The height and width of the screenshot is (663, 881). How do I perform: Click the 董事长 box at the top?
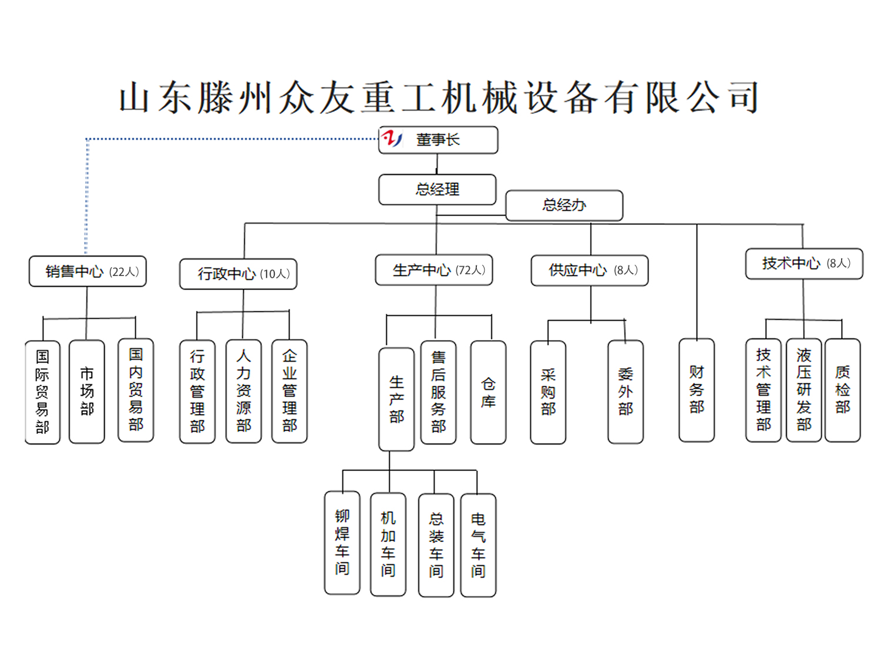[438, 140]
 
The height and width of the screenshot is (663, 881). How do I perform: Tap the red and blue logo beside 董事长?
[392, 139]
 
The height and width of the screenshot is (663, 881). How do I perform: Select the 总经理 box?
[438, 190]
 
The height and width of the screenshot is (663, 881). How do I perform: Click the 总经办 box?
[564, 206]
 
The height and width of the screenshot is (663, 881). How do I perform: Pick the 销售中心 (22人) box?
[88, 271]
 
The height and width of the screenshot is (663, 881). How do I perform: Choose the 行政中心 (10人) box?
[238, 274]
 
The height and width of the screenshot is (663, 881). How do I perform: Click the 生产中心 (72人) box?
[434, 270]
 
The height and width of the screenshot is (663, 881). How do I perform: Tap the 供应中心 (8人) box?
[590, 270]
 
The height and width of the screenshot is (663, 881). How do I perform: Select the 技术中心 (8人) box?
[804, 264]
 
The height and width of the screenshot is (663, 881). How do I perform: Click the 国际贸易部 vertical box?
[42, 392]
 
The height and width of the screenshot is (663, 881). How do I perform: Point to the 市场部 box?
[87, 391]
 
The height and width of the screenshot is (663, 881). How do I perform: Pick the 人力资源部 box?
[243, 391]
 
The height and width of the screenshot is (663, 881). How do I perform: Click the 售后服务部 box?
[438, 392]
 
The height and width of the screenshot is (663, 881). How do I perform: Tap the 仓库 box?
[488, 392]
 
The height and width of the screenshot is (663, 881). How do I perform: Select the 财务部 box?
[697, 390]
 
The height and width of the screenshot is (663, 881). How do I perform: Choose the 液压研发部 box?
[803, 390]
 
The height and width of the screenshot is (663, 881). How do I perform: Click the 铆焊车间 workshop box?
[342, 543]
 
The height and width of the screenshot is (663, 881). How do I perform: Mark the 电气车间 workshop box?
[478, 546]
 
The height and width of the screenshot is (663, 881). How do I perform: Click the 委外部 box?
[626, 392]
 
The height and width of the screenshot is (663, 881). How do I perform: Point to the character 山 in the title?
[134, 97]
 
